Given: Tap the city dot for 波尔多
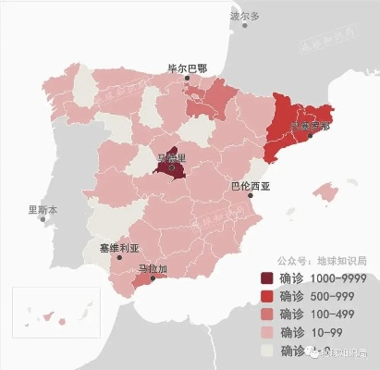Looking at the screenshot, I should coord(245,27).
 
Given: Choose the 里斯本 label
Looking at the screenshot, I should coord(42,210).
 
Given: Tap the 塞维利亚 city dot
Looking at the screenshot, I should coord(118,259).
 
